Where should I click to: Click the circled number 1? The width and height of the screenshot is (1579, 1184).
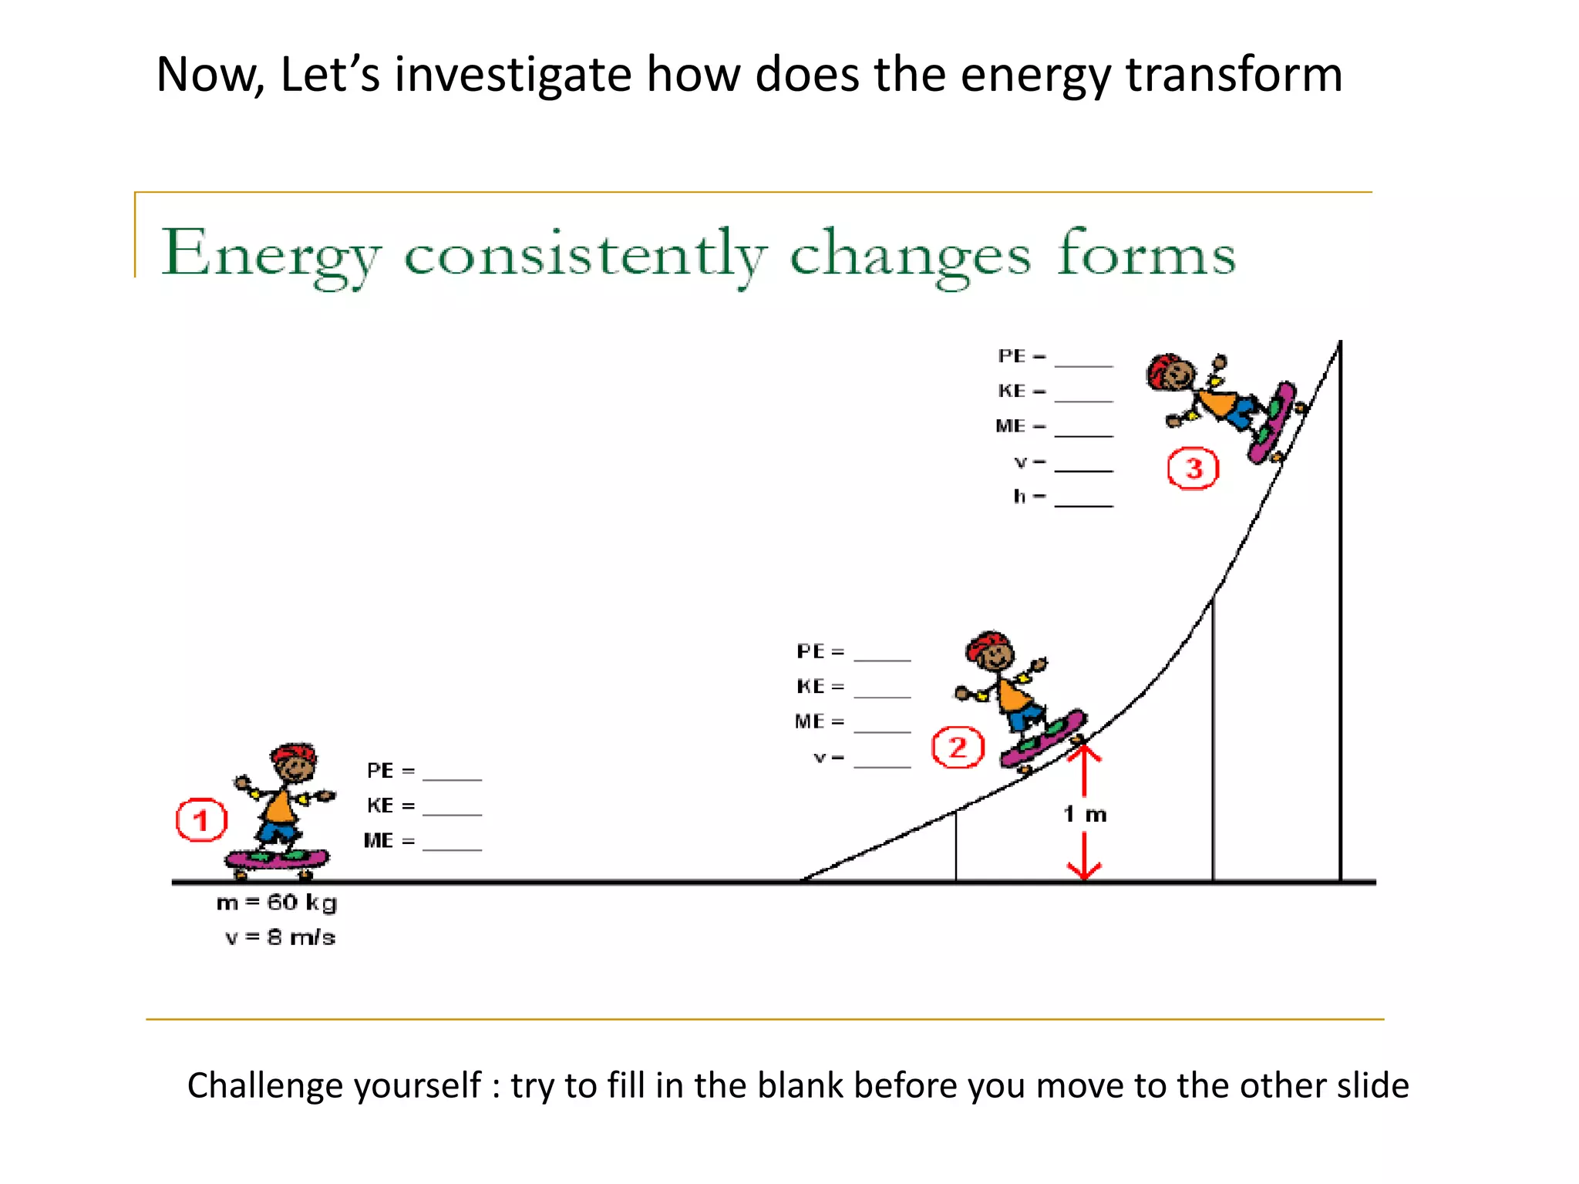[201, 820]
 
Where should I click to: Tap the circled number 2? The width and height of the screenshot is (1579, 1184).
[958, 747]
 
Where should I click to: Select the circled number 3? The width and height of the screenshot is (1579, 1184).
[1193, 468]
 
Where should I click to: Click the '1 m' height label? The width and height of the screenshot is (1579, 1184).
[1085, 814]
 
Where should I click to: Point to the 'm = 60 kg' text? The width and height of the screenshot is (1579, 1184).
[277, 902]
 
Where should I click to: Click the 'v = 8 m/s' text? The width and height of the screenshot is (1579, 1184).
[280, 937]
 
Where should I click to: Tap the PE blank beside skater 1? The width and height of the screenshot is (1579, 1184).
[452, 772]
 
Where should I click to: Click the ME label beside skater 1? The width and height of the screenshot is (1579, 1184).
[379, 840]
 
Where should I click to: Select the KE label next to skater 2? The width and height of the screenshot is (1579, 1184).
[810, 686]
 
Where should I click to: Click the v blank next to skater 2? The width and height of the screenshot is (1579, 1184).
[882, 760]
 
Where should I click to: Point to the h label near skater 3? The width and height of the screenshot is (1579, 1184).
[1020, 496]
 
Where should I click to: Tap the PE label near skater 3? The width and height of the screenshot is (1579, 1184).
[1012, 356]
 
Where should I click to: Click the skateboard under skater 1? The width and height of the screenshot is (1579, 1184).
[277, 858]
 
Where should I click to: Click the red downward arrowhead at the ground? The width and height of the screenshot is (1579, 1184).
[1084, 870]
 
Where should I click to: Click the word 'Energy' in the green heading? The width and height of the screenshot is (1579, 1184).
[271, 254]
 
